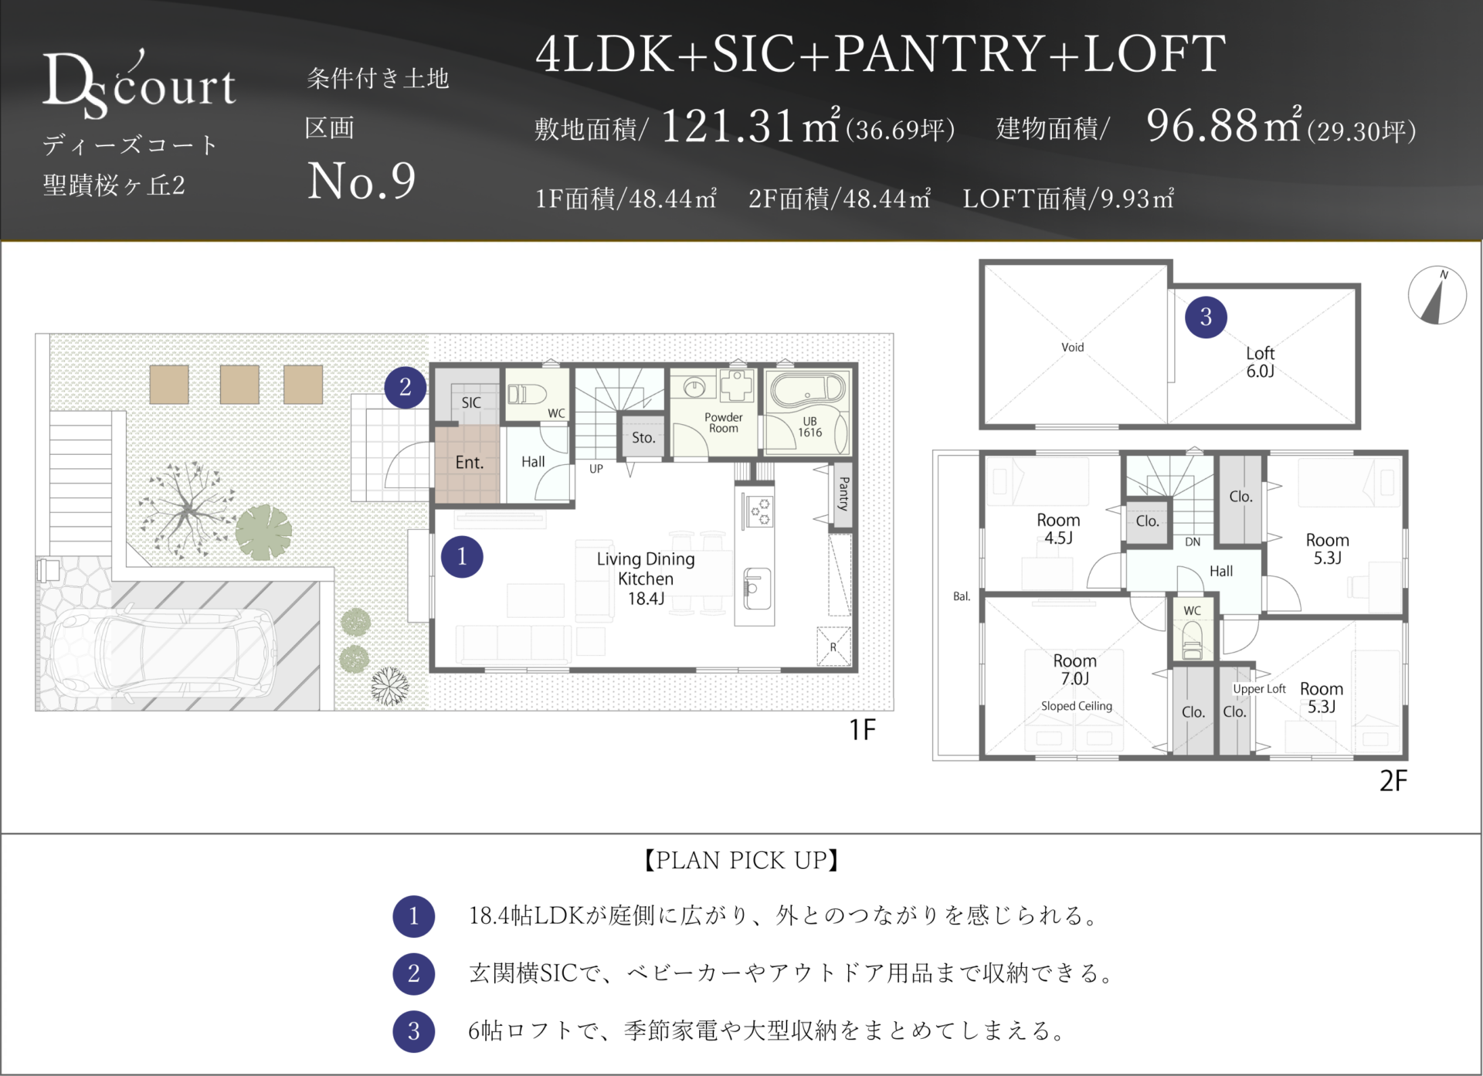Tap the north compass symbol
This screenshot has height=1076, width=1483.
pyautogui.click(x=1437, y=295)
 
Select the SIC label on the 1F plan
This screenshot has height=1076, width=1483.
pyautogui.click(x=471, y=402)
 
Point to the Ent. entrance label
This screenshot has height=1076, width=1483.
pyautogui.click(x=470, y=463)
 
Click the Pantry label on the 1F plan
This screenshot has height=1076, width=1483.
pyautogui.click(x=843, y=494)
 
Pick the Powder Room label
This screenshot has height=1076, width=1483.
pyautogui.click(x=724, y=423)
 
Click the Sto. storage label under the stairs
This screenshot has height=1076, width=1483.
pyautogui.click(x=643, y=438)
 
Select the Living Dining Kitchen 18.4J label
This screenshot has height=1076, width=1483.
pyautogui.click(x=646, y=579)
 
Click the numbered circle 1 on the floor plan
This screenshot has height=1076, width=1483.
pyautogui.click(x=462, y=557)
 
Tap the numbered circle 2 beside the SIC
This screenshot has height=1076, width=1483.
pyautogui.click(x=406, y=387)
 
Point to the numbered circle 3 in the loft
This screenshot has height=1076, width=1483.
pyautogui.click(x=1206, y=317)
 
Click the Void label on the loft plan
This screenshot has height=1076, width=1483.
pyautogui.click(x=1072, y=348)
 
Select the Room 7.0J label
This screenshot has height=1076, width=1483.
pyautogui.click(x=1075, y=670)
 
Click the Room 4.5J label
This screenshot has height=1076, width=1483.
pyautogui.click(x=1058, y=529)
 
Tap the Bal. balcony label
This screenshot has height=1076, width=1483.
pyautogui.click(x=962, y=596)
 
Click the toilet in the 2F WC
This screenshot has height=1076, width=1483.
pyautogui.click(x=1193, y=641)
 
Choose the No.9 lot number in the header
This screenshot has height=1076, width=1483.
pyautogui.click(x=361, y=181)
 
